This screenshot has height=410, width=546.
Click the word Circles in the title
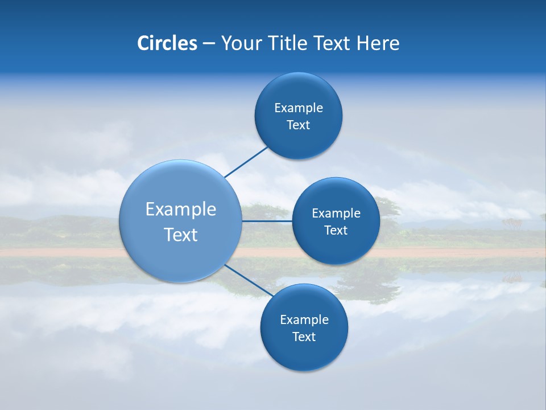point(167,43)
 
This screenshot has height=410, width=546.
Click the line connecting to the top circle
point(246,162)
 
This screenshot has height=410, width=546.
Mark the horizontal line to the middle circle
point(267,221)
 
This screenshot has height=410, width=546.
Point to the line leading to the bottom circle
point(248,280)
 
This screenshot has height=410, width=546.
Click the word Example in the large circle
point(181,210)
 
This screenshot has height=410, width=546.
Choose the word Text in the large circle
point(181,235)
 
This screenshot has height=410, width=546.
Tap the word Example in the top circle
point(299,108)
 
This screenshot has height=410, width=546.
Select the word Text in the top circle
point(299,125)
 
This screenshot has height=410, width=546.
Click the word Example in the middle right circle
point(336,213)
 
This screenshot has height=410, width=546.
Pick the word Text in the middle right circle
point(336,230)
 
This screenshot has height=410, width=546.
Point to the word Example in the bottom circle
point(304,319)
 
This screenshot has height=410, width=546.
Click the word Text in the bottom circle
point(304,337)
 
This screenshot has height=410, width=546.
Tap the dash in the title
point(209,43)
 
